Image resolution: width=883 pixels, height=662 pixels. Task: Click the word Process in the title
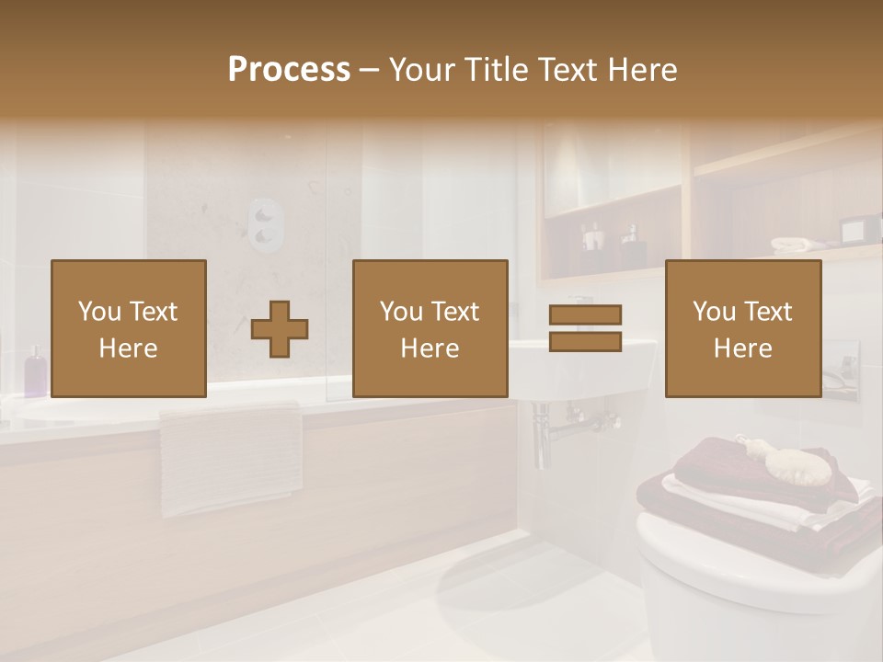(289, 70)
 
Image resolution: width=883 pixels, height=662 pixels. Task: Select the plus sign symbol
(280, 329)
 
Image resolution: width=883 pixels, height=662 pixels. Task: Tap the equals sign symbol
(585, 328)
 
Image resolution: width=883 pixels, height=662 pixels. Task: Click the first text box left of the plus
(128, 328)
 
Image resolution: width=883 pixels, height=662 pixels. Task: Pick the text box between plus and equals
(430, 328)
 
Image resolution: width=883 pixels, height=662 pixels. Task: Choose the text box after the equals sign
(742, 328)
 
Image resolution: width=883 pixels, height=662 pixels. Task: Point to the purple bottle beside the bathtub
(34, 371)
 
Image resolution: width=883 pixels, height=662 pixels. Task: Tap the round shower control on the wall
(265, 224)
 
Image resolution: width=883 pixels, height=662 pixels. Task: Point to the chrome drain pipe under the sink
(543, 437)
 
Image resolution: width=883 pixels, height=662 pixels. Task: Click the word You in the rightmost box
(713, 312)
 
